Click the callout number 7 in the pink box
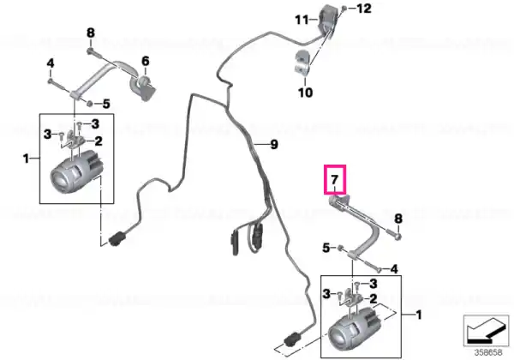pos(334,180)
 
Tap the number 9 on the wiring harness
pos(274,144)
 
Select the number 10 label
pos(305,93)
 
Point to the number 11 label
pos(302,20)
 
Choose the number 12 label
pos(364,9)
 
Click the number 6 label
pos(146,61)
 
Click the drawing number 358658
pos(488,352)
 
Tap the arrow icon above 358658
pos(486,330)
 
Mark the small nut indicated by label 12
pos(344,9)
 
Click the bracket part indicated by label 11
pos(326,21)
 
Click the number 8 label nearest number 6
pos(91,33)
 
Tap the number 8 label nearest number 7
pos(398,219)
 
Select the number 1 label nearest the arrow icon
pos(418,315)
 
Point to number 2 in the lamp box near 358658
pos(374,298)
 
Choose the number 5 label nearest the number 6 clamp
pos(106,105)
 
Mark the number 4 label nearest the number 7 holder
pos(394,269)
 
